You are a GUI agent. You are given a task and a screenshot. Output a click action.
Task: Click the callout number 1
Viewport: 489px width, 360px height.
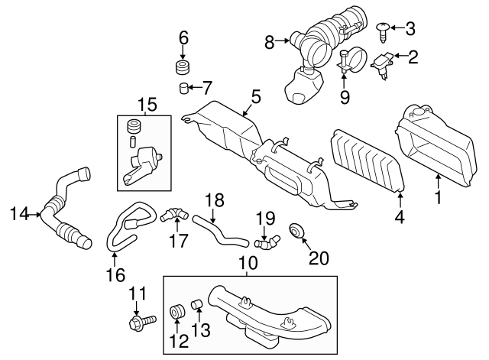(438, 199)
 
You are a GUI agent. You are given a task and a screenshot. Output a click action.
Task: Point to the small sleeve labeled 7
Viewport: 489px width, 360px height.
(184, 87)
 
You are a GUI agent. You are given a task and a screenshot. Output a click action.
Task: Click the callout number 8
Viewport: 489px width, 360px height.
(270, 44)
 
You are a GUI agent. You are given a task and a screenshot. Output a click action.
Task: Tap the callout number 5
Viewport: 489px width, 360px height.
(256, 96)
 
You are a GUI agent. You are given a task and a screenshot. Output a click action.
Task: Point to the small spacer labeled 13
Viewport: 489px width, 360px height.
(195, 306)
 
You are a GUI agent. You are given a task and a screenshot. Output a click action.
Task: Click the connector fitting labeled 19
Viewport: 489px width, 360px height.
(267, 242)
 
